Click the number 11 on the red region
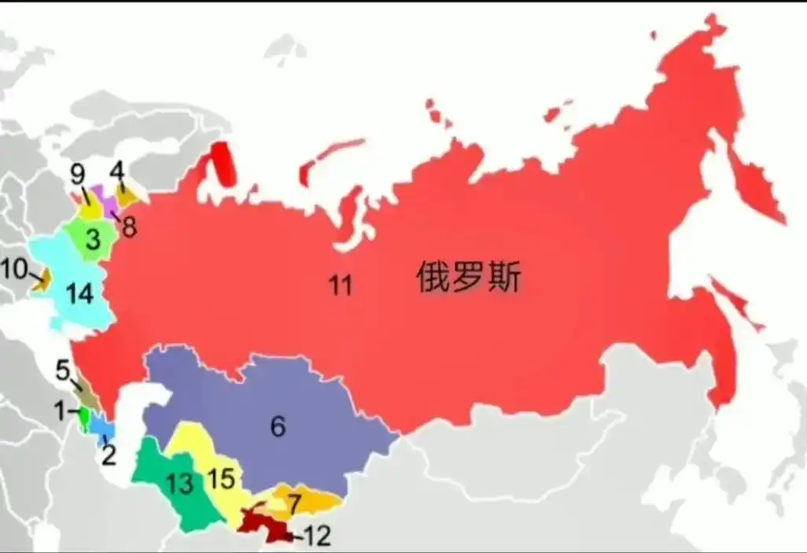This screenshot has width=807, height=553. (x=340, y=286)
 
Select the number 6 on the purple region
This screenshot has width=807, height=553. (x=278, y=426)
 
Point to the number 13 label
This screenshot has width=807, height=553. (x=180, y=483)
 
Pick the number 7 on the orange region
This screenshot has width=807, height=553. (x=293, y=501)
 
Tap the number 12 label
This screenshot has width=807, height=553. (x=318, y=536)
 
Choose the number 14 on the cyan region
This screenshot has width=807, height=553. (x=79, y=294)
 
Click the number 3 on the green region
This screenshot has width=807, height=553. (x=93, y=239)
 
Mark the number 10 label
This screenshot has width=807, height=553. (x=13, y=268)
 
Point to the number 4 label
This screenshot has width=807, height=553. (x=117, y=170)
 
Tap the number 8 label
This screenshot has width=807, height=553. (x=129, y=227)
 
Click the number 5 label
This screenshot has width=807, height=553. (x=62, y=370)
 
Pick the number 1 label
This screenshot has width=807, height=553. (x=59, y=410)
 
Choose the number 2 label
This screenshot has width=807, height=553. (x=109, y=454)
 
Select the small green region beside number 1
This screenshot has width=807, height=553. (x=83, y=414)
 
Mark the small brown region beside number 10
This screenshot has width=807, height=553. (x=43, y=278)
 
